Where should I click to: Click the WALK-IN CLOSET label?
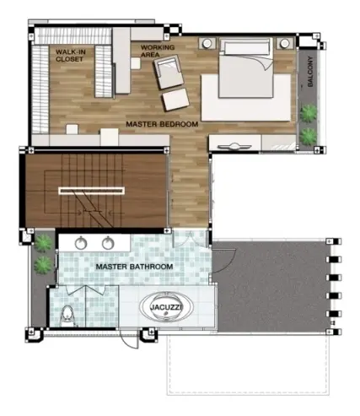point(71,56)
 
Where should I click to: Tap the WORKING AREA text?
point(158,51)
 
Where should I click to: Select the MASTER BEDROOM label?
point(162,124)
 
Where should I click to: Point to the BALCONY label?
point(310,72)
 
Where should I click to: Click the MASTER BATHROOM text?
point(134,267)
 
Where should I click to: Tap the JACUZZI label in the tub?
point(166,307)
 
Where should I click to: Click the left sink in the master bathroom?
point(81,243)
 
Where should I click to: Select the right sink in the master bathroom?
point(108,243)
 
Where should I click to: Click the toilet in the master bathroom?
point(67,316)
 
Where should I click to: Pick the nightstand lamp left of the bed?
point(207,43)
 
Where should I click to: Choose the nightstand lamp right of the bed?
point(285,43)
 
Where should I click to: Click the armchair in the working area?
point(169,72)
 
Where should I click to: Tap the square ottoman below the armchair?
point(175,100)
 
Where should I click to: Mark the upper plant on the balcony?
point(309,114)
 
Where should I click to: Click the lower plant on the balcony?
point(309,137)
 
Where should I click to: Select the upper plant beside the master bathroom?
point(43,244)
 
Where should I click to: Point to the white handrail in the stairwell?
point(91,191)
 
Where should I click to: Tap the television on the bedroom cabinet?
point(234,147)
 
